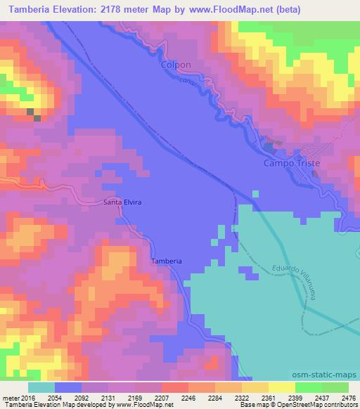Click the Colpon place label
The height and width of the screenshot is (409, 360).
point(176,64)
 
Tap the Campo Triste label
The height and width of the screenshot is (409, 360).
point(291,162)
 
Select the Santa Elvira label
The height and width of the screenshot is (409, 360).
point(122,202)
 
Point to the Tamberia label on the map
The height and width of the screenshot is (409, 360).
point(167,261)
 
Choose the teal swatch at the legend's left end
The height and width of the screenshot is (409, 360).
point(41,387)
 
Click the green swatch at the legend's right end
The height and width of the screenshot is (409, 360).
point(335,387)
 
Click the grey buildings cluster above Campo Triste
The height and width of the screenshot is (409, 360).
point(271,146)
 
